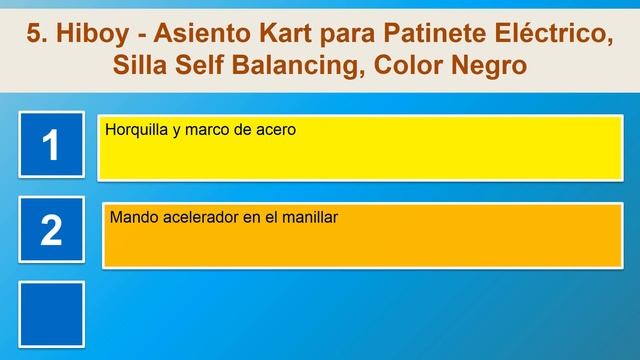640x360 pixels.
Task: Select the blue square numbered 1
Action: pyautogui.click(x=51, y=146)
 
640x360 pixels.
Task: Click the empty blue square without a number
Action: pyautogui.click(x=51, y=312)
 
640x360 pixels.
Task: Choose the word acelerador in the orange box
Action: pyautogui.click(x=198, y=216)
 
